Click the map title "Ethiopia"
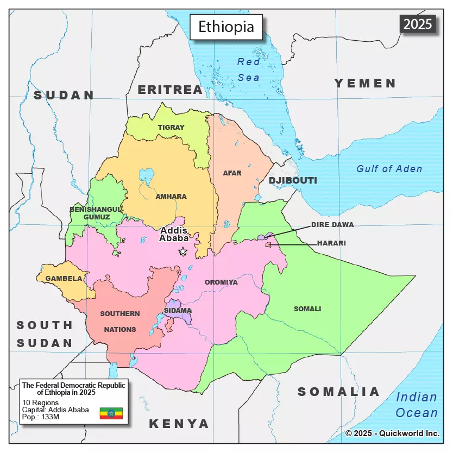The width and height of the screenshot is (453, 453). pos(226,27)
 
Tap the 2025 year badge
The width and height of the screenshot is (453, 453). pos(418,23)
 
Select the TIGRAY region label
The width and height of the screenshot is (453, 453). pos(171,128)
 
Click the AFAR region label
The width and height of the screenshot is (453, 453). pos(232,173)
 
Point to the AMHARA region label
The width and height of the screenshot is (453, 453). pos(171,197)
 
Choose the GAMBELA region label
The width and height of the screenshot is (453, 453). pos(64,279)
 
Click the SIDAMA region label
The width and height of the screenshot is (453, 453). pos(178,311)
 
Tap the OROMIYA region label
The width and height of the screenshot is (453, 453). pos(221,282)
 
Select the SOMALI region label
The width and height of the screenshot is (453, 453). pos(307,309)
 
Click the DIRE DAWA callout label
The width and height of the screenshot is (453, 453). pos(332,224)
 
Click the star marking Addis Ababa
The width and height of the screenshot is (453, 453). pos(183,251)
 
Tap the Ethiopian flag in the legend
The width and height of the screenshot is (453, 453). pos(111,413)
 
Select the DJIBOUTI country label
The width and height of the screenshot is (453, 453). pos(293,180)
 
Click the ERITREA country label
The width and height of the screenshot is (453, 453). pos(169,90)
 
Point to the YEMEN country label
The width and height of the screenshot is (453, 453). pos(365,83)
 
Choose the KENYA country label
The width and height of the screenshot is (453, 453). pos(179,424)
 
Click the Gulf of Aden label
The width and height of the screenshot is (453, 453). pos(389,169)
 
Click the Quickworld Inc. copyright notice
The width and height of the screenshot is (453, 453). pos(392,433)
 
